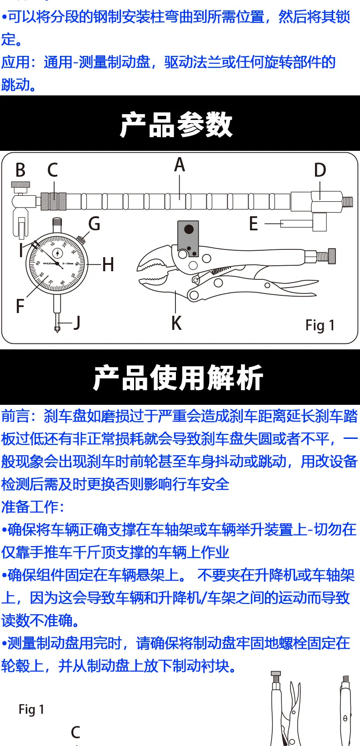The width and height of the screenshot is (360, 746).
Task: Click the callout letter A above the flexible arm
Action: click(180, 164)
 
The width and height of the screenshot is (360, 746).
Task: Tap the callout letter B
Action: click(20, 170)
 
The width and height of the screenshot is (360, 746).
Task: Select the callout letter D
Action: click(320, 170)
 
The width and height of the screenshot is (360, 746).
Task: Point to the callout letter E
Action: click(254, 224)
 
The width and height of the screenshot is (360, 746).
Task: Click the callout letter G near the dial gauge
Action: click(94, 224)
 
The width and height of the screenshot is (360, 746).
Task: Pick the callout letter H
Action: click(108, 264)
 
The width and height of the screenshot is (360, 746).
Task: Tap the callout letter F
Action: click(20, 306)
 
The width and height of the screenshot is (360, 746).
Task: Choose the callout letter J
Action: click(77, 323)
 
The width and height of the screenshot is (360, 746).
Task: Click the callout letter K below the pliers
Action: click(176, 323)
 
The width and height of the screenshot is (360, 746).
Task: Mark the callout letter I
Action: click(21, 250)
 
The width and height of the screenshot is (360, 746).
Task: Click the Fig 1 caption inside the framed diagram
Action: click(320, 325)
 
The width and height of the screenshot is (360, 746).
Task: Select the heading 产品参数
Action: click(176, 124)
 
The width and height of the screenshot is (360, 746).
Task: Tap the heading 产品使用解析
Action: click(178, 378)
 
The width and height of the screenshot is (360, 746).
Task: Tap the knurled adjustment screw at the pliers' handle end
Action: click(331, 255)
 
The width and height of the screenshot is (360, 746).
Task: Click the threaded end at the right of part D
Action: click(348, 201)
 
